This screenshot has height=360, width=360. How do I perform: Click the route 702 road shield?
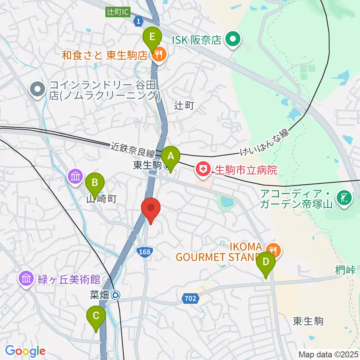pyautogui.click(x=190, y=298)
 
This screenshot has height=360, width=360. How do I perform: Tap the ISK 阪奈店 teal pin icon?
pyautogui.click(x=233, y=39)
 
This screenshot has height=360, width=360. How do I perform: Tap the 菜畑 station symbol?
pyautogui.click(x=116, y=295)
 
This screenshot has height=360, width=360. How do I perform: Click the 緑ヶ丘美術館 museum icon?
pyautogui.click(x=26, y=279)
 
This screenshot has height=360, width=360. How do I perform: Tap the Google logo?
pyautogui.click(x=25, y=351)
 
